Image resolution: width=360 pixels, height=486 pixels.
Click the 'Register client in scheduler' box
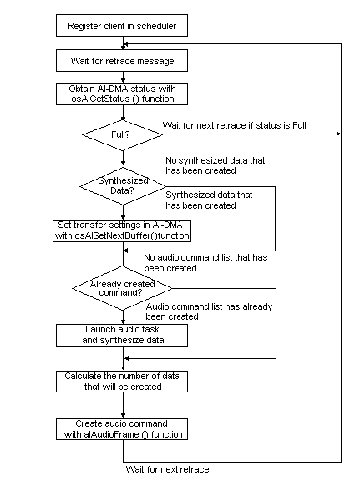tap(123, 26)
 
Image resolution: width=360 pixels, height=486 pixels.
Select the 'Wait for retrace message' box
tap(123, 61)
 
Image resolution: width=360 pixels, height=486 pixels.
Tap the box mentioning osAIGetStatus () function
tap(123, 94)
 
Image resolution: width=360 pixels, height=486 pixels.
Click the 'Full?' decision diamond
tap(123, 133)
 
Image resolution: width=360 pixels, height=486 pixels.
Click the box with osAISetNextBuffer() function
tap(123, 230)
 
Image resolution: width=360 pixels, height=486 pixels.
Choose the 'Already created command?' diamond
tap(123, 289)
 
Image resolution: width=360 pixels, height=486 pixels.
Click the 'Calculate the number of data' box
tap(123, 381)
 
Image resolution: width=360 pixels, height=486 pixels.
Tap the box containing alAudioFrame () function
tap(123, 428)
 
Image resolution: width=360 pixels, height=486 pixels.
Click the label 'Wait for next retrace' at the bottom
tap(167, 469)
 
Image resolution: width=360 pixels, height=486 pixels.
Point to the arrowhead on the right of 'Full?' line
tap(338, 133)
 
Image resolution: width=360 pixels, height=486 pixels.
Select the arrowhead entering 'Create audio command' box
tap(123, 414)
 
